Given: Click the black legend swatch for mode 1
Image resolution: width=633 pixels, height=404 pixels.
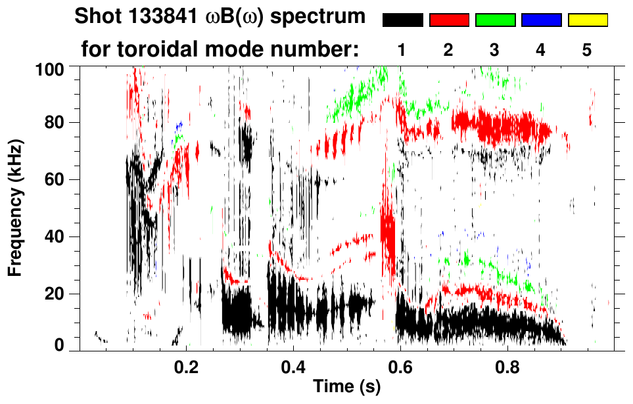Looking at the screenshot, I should tap(402, 20).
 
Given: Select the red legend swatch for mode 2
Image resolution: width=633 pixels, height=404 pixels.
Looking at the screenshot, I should tap(449, 20).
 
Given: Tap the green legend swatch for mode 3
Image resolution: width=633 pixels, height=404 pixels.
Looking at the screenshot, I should tap(495, 20).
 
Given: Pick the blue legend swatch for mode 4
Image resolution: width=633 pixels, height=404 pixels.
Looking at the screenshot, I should tap(541, 20).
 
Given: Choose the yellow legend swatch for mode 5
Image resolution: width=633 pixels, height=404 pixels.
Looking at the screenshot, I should tap(588, 20).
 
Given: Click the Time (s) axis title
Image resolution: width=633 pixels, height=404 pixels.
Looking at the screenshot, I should tap(346, 388).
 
